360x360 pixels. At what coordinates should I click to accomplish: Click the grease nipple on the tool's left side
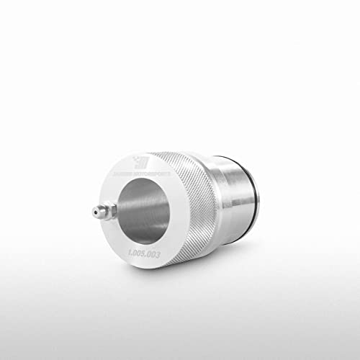pyautogui.click(x=102, y=212)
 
